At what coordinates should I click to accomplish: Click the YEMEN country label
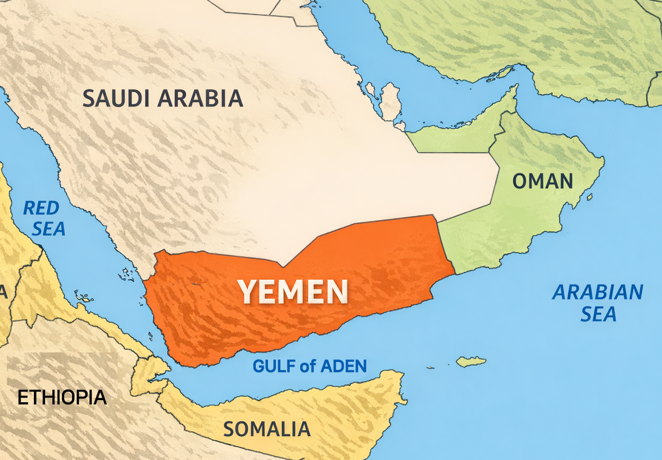coord(292,291)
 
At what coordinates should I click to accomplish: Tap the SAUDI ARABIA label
coord(163,99)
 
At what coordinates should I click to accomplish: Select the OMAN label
coord(542,182)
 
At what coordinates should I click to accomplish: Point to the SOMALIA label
coord(266,429)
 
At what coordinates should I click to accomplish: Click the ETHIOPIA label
coord(62,397)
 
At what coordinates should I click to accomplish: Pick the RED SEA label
coord(45,218)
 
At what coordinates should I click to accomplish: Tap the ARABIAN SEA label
coord(598,303)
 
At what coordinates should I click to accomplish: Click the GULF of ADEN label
coord(310,366)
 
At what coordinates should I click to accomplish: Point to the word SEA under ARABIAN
coord(598,314)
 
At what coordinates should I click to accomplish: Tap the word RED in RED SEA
coord(41,208)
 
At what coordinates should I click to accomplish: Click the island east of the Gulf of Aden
coord(471,361)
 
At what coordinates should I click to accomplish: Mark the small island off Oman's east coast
coord(589,197)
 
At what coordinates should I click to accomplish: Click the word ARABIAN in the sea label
coord(598,292)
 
